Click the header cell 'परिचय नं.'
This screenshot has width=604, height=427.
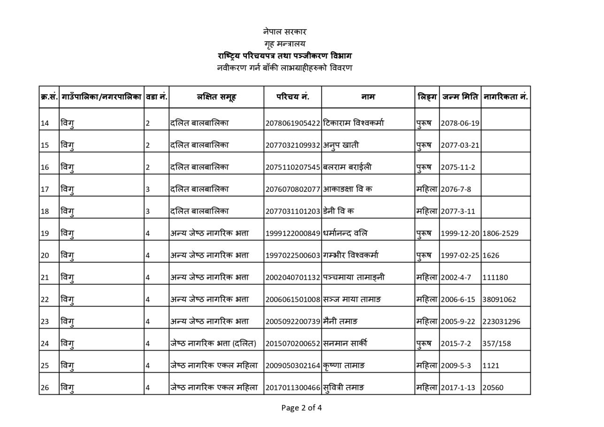(292, 97)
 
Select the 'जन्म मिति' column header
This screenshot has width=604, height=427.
(460, 97)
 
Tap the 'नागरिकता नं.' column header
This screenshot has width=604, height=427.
(505, 97)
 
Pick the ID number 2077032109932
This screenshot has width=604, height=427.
(292, 145)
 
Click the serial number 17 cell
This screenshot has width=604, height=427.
(45, 189)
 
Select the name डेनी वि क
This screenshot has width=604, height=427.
(338, 211)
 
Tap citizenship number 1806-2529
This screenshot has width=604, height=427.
(500, 233)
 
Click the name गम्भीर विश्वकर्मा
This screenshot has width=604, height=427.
(351, 255)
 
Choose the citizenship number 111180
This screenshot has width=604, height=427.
(495, 277)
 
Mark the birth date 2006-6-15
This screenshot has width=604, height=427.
(458, 299)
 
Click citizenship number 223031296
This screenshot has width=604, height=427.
(501, 321)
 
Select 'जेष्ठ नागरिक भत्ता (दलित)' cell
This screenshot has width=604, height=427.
(213, 343)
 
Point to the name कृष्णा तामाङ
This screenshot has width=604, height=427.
(344, 366)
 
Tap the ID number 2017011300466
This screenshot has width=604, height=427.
(292, 388)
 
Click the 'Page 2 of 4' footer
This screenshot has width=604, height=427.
(301, 408)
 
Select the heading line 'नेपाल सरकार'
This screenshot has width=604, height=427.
(284, 32)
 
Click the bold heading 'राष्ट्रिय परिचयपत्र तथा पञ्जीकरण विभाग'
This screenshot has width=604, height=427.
(284, 56)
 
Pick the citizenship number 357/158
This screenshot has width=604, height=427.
(497, 343)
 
